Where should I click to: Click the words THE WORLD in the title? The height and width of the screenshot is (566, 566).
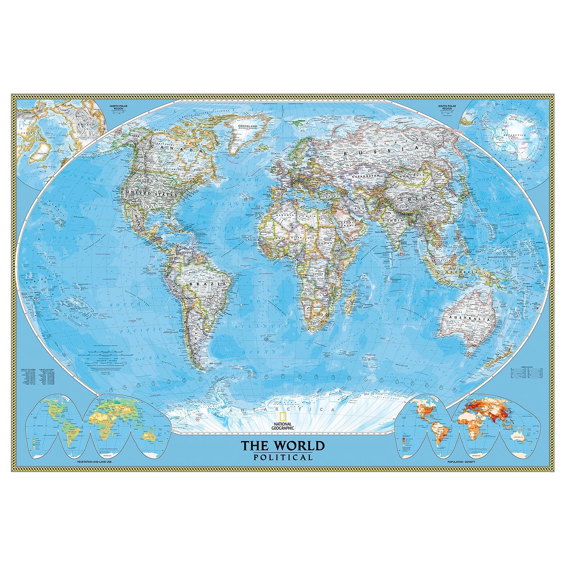(x=283, y=446)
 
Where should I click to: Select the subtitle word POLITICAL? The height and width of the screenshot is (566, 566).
(x=283, y=458)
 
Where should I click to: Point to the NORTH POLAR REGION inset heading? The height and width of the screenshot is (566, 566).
(x=118, y=107)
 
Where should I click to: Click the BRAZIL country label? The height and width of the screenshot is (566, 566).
(x=208, y=283)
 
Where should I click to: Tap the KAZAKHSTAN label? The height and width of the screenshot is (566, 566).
(x=365, y=176)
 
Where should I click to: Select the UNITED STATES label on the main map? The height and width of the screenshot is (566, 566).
(x=151, y=194)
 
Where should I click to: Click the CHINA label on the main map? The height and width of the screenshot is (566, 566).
(x=421, y=198)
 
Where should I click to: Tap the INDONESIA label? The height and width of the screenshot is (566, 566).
(x=458, y=272)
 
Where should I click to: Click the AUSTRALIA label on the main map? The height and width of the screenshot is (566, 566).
(x=469, y=319)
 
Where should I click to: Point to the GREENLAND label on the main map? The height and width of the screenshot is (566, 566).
(x=247, y=126)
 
